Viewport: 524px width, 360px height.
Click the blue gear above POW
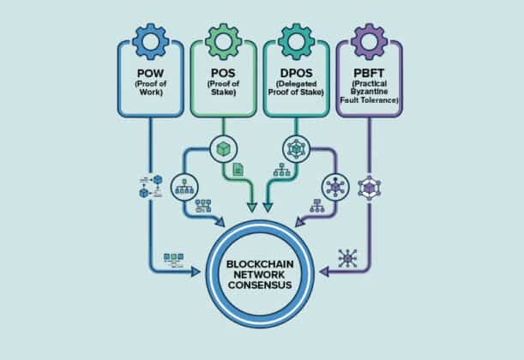[x=151, y=42]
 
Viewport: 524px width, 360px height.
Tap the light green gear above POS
[x=224, y=42]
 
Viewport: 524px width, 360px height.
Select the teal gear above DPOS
[x=297, y=42]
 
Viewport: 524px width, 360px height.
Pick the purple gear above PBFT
[x=370, y=42]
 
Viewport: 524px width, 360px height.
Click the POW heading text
[x=151, y=73]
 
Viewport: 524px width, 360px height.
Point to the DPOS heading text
[x=297, y=73]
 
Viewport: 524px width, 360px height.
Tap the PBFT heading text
[x=370, y=73]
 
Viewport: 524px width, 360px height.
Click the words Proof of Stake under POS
[x=224, y=87]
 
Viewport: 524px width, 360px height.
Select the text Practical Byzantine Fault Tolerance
[x=370, y=92]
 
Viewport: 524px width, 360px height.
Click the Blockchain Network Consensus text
[x=260, y=274]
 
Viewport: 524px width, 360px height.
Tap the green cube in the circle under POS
[x=224, y=149]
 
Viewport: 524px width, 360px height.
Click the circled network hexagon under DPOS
[x=297, y=149]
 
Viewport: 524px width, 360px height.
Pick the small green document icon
[x=238, y=170]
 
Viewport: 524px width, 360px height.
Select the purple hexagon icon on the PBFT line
[x=370, y=188]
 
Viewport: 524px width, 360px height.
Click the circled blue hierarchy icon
[x=184, y=188]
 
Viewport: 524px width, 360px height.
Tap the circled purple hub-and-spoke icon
[x=335, y=188]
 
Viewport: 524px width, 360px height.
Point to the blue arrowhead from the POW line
[x=196, y=272]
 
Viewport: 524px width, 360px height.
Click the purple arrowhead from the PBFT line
[x=324, y=272]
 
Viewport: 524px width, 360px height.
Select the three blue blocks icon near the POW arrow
[x=173, y=261]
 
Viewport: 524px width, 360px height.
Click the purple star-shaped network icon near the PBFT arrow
[x=347, y=258]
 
